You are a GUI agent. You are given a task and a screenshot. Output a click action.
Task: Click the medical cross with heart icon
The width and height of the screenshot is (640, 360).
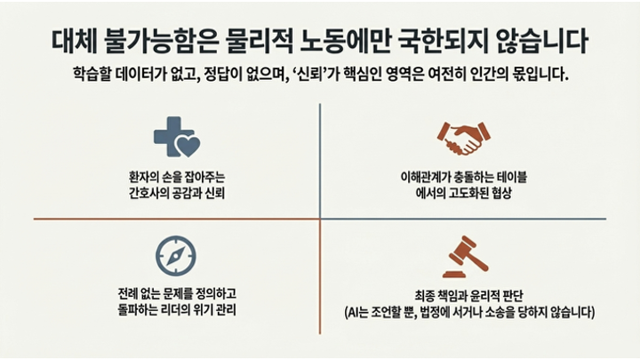click(174, 137)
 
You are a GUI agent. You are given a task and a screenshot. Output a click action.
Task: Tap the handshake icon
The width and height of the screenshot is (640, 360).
click(462, 137)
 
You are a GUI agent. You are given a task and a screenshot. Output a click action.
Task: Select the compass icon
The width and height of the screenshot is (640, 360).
click(175, 256)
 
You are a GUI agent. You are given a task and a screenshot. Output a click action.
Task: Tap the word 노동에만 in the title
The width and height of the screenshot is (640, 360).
click(367, 42)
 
